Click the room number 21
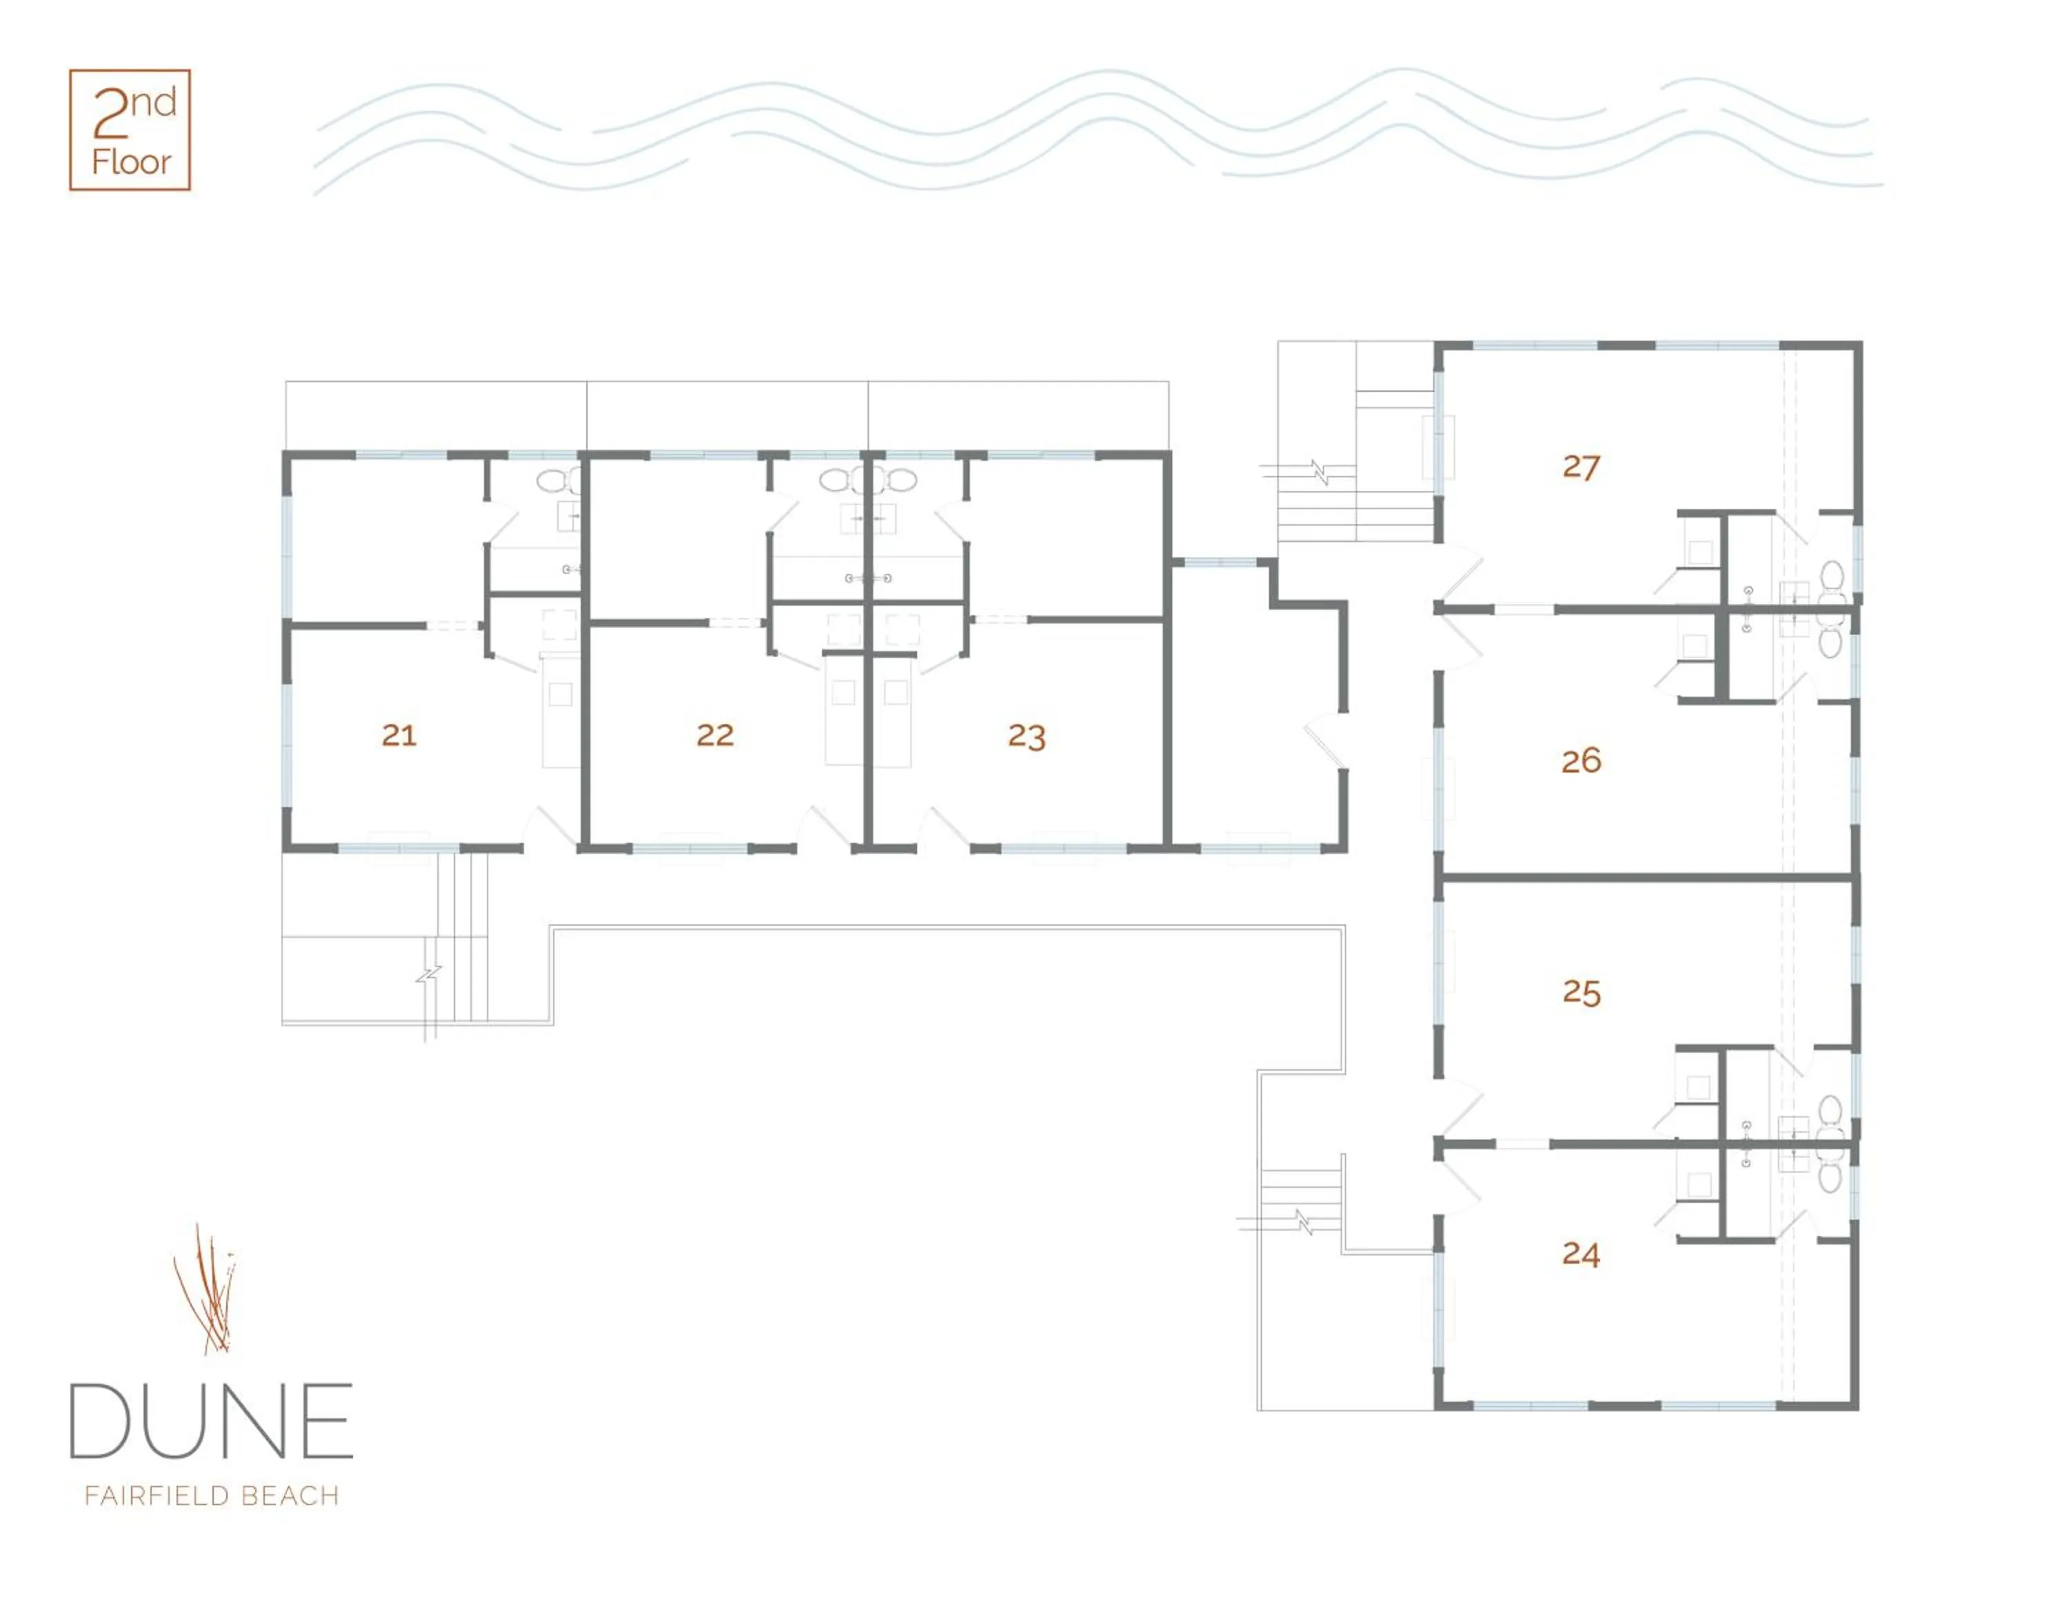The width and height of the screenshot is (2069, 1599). coord(399,735)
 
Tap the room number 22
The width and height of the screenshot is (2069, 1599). coord(715,735)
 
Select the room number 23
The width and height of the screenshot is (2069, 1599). coord(1027,736)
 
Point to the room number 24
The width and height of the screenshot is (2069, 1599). coord(1581,1254)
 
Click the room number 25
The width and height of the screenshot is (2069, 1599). coord(1581,992)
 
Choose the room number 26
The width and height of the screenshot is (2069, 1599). coord(1581,759)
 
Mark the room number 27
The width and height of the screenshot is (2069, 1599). coord(1581,466)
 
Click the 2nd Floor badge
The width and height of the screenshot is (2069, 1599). coord(130,130)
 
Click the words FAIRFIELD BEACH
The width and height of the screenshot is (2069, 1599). coord(211,1496)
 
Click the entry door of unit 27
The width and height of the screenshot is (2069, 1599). coord(1459,573)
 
